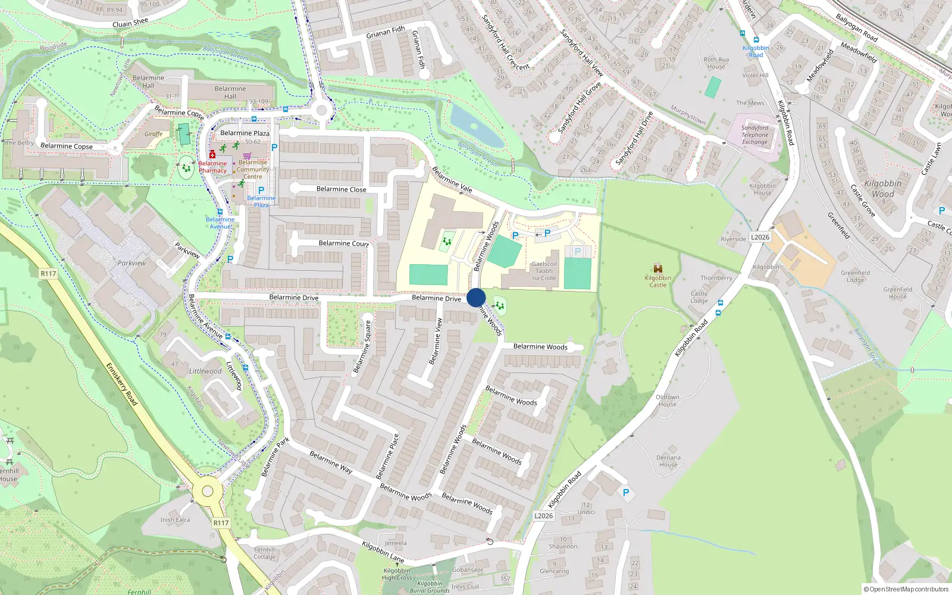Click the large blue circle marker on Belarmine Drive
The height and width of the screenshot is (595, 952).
(476, 298)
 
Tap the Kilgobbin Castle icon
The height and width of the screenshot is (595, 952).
(657, 269)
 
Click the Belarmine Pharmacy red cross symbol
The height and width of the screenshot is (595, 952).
(212, 155)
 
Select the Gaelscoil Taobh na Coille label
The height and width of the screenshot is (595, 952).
(544, 271)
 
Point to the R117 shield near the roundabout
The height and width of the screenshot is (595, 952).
(221, 523)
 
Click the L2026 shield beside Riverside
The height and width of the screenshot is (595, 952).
(760, 237)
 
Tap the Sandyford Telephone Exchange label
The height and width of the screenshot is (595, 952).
(754, 135)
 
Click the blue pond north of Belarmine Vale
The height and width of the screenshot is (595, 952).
(476, 126)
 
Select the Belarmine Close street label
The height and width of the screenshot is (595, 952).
(341, 189)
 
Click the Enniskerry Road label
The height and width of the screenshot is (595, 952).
(121, 384)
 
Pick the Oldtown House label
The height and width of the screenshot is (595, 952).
(667, 400)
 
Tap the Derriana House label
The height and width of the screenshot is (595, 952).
(668, 461)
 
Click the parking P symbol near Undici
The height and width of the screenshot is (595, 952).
(625, 493)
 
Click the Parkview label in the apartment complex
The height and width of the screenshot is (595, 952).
(131, 263)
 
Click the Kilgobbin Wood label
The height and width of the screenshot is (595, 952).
(882, 189)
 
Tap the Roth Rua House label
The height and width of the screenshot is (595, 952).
(716, 62)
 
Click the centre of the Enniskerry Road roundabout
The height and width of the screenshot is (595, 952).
(207, 491)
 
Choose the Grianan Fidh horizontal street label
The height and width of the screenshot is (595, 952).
(386, 32)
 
